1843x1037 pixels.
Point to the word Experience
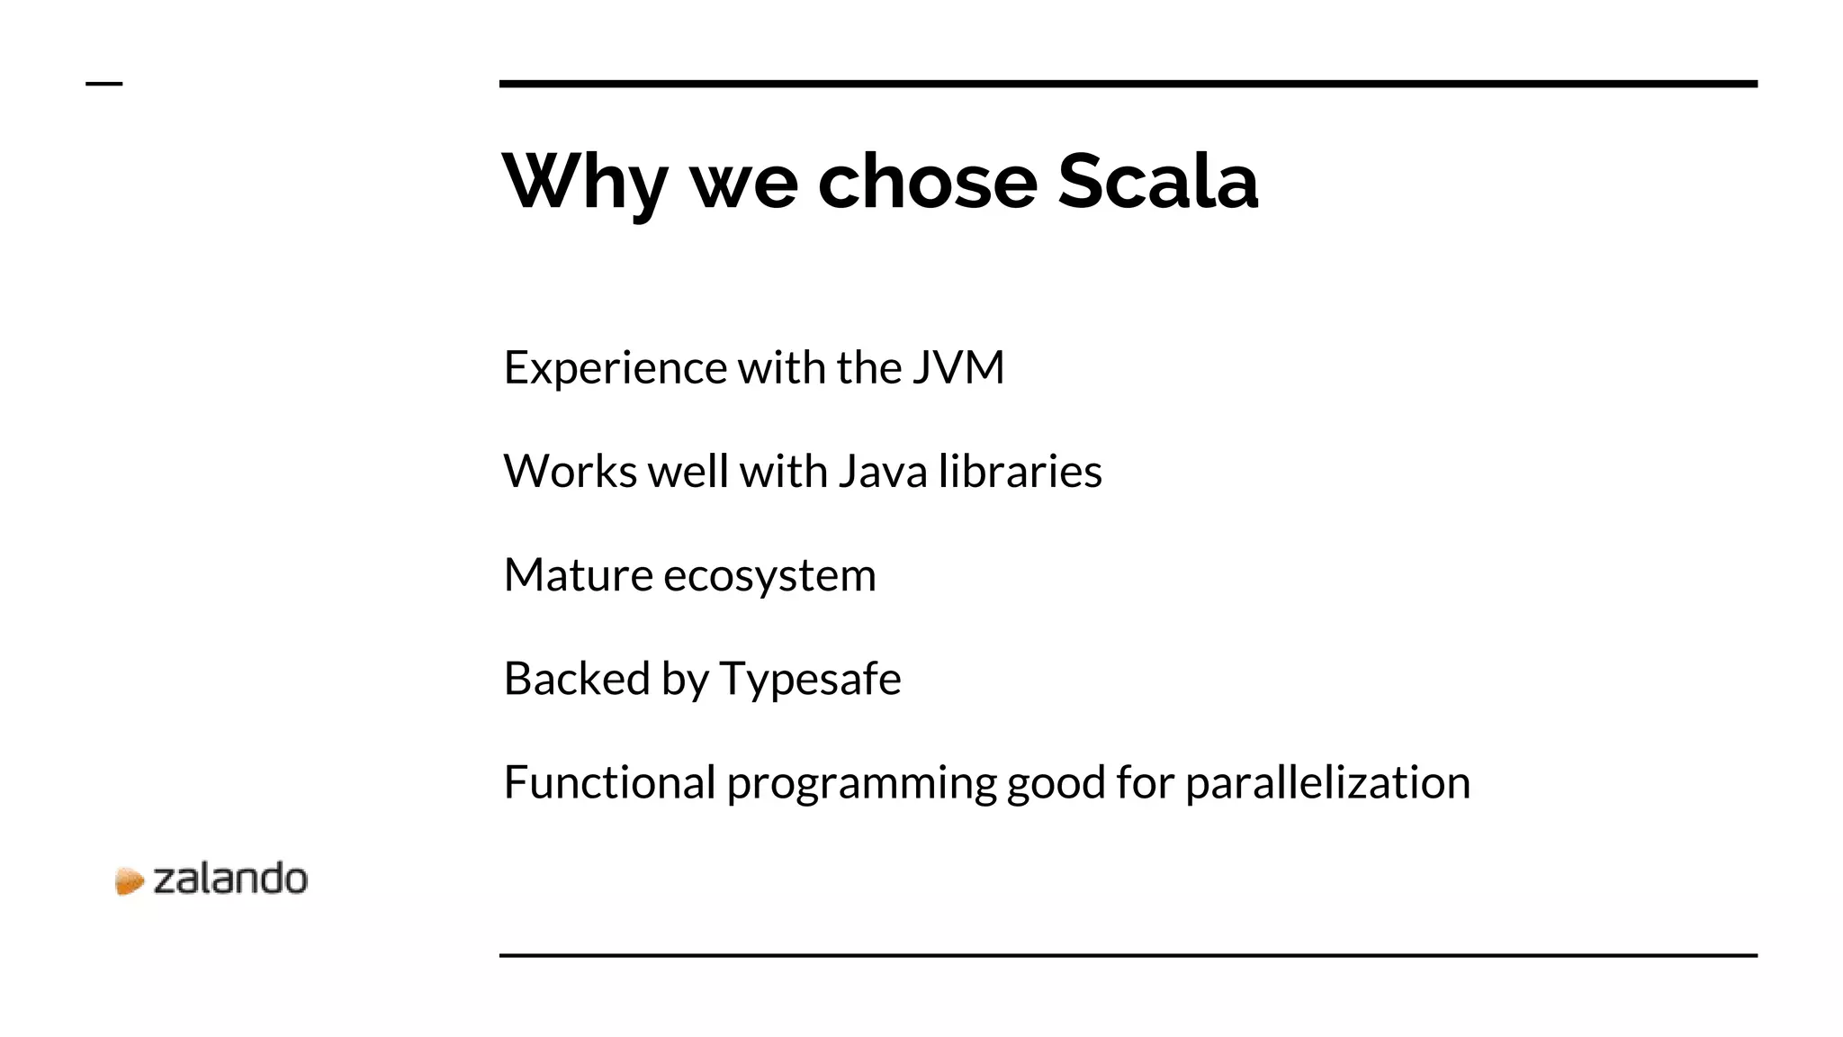(x=615, y=368)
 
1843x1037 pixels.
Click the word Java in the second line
(x=882, y=472)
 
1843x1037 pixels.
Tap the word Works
(x=570, y=472)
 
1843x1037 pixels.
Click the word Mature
(x=578, y=575)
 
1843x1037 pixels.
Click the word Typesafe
(x=810, y=680)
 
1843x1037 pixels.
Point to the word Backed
(x=576, y=679)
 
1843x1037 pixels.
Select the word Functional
(x=609, y=782)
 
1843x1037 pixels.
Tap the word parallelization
(x=1327, y=783)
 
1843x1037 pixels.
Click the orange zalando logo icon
(x=130, y=881)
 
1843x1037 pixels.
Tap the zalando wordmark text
(x=230, y=879)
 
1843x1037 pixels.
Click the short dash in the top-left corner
(x=103, y=84)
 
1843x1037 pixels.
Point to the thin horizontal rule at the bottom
(x=1128, y=955)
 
